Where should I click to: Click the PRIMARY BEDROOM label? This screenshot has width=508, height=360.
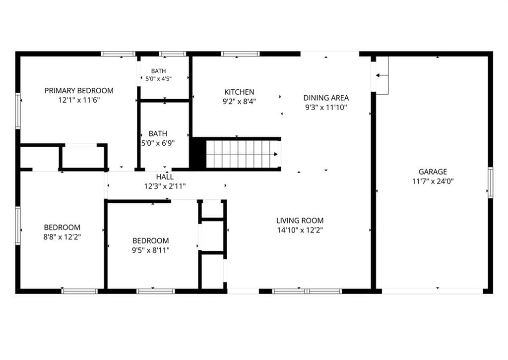point(79,91)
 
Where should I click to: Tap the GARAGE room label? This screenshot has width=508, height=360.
point(433,172)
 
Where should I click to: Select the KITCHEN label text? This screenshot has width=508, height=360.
point(239,92)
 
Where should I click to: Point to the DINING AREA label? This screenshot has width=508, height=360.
point(326,98)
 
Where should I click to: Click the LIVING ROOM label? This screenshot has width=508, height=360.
point(300,221)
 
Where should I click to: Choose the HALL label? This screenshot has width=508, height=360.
point(165,177)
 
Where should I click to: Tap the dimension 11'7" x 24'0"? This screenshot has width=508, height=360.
point(433,181)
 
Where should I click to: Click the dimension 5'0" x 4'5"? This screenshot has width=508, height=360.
point(158,78)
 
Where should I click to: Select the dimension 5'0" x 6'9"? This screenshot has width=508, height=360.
point(158,143)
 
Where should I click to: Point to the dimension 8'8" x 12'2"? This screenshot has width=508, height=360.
point(62,237)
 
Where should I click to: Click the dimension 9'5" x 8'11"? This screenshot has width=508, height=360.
point(151,250)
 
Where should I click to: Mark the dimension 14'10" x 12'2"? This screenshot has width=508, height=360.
point(300,230)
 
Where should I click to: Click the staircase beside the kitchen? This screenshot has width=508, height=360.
point(243,154)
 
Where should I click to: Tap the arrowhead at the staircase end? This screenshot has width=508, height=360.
point(276,154)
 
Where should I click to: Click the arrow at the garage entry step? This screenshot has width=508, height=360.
point(381,75)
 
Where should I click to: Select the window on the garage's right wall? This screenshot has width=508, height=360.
point(491,182)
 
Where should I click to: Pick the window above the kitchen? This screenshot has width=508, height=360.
point(240,54)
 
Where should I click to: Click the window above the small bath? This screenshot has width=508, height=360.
point(173,54)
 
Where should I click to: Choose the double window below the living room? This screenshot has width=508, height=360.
point(307,292)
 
